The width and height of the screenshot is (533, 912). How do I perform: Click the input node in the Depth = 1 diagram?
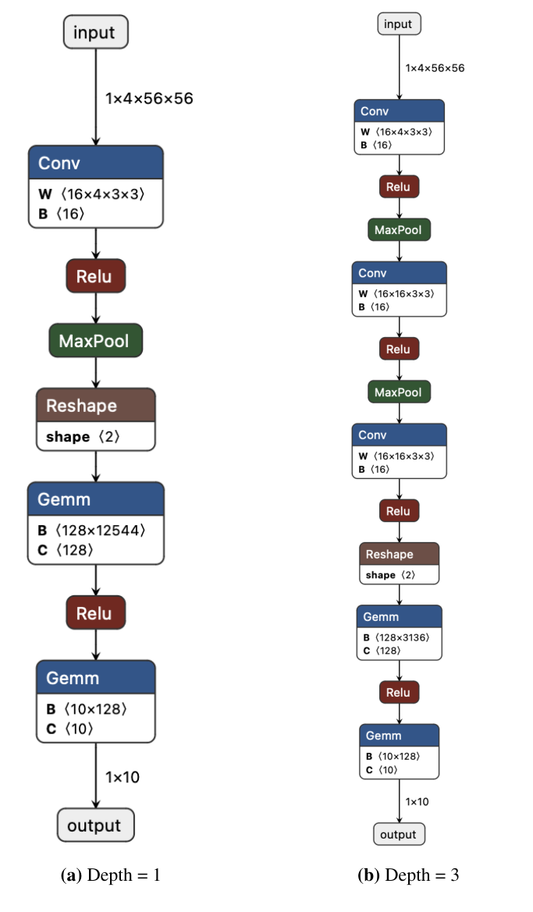[x=94, y=33]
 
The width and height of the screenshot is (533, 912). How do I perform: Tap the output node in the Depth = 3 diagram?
[x=399, y=834]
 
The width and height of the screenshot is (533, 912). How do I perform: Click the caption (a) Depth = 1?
[x=110, y=875]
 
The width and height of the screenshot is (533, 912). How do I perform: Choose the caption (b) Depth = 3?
[x=408, y=875]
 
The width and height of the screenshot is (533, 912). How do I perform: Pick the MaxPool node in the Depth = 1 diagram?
[x=94, y=341]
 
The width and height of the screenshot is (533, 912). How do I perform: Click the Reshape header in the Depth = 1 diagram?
[x=95, y=406]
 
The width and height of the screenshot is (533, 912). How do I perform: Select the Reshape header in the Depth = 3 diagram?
[x=399, y=554]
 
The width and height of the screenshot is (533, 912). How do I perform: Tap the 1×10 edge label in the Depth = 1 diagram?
[x=123, y=777]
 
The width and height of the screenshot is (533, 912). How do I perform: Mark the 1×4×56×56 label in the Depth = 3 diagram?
[x=435, y=68]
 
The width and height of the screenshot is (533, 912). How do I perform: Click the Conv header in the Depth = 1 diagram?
[x=95, y=163]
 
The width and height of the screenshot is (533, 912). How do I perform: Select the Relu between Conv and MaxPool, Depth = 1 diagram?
[x=94, y=276]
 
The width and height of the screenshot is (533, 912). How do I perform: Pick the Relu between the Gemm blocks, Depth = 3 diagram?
[x=399, y=692]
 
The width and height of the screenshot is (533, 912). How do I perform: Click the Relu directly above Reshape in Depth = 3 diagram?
[x=399, y=511]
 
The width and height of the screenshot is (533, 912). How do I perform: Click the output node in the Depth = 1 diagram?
[x=95, y=825]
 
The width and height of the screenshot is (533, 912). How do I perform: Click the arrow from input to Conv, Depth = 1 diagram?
[x=95, y=98]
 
